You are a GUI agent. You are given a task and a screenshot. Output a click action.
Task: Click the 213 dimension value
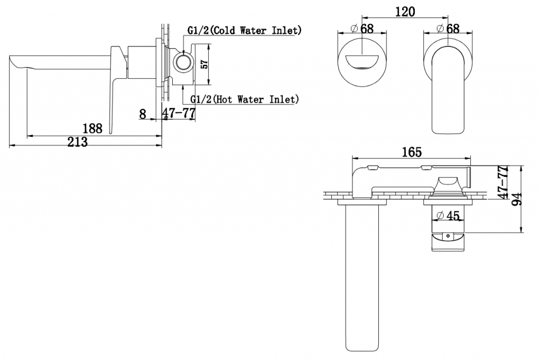[x=77, y=141]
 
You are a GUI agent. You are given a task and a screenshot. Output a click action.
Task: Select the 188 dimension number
[x=92, y=129]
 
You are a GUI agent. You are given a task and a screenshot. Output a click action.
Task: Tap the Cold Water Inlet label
[x=244, y=30]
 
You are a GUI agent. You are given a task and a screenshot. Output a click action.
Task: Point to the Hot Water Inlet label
[x=245, y=99]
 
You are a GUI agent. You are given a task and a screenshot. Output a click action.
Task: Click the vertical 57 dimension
[x=204, y=64]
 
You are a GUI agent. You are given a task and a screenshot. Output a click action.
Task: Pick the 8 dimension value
[x=143, y=114]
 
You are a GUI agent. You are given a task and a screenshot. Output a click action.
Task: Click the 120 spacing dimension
[x=405, y=12]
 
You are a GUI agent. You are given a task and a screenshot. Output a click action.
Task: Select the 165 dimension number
[x=412, y=151]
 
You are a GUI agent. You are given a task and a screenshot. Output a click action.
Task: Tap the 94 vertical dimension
[x=517, y=200]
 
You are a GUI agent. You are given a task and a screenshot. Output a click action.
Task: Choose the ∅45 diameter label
[x=448, y=216]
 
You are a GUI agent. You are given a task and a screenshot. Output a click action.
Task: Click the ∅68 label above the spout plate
[x=362, y=29]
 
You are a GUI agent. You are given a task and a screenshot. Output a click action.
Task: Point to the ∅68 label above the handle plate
[x=448, y=29]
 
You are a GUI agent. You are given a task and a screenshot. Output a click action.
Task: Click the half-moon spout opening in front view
[x=361, y=63]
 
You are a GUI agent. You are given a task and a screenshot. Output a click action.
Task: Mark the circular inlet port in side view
[x=182, y=63]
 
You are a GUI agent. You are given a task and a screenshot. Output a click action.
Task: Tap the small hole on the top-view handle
[x=448, y=236]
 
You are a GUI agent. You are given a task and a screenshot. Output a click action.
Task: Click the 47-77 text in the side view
[x=179, y=113]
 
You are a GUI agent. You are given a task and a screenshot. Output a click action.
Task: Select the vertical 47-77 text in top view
[x=503, y=182]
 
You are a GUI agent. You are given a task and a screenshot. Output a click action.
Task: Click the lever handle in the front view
[x=448, y=90]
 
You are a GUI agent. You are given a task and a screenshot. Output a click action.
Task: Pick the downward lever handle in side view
[x=116, y=88]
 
